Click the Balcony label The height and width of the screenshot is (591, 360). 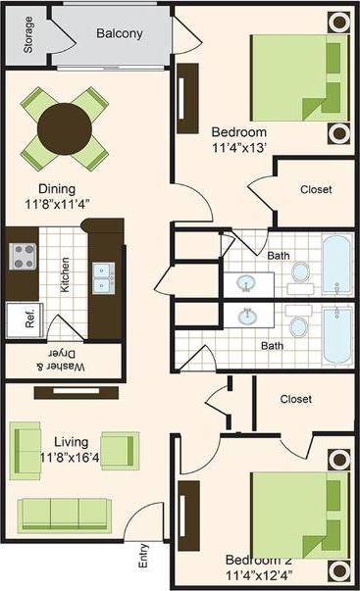[x=120, y=33]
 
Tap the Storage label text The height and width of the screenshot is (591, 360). [x=29, y=33]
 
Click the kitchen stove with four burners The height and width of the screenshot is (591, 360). [x=24, y=257]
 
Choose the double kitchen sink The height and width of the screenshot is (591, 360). [x=102, y=277]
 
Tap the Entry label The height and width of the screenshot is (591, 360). [x=144, y=558]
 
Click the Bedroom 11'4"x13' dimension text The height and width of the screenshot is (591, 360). [x=238, y=141]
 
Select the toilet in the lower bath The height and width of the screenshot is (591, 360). [x=299, y=325]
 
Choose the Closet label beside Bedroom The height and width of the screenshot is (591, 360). [x=315, y=189]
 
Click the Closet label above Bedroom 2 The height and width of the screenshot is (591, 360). [x=295, y=399]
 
